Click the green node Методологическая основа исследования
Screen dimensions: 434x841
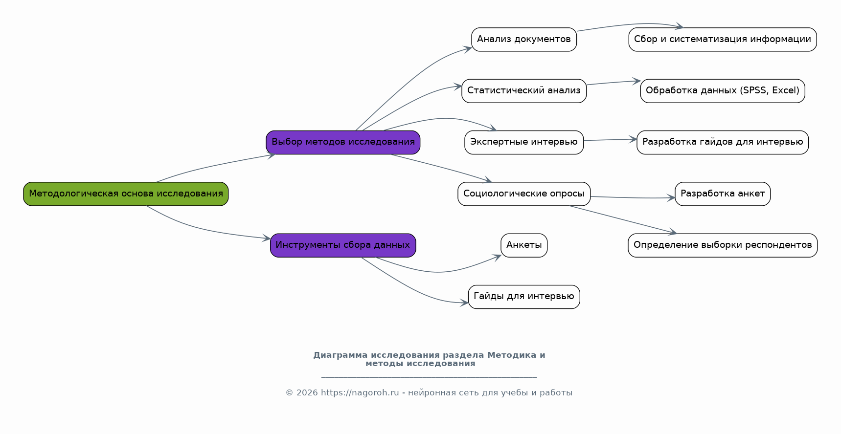(x=126, y=194)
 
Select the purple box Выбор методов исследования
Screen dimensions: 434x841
(x=343, y=142)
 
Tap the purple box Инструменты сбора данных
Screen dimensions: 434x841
(x=343, y=245)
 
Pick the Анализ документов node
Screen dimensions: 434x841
(x=524, y=40)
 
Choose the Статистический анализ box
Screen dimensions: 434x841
(x=524, y=91)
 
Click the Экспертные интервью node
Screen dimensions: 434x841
(x=524, y=142)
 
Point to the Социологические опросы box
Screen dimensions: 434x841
(x=524, y=194)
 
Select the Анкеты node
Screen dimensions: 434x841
(x=524, y=245)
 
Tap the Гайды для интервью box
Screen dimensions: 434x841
(x=524, y=297)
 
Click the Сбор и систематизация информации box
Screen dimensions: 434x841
(x=723, y=40)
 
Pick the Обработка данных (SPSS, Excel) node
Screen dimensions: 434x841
(x=723, y=91)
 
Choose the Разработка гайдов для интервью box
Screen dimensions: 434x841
(x=723, y=142)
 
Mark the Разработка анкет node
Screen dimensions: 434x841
(x=723, y=194)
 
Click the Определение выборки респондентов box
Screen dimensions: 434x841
(x=723, y=245)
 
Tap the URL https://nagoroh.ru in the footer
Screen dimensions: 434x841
(x=360, y=393)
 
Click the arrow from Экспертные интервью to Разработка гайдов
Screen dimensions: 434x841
(x=610, y=140)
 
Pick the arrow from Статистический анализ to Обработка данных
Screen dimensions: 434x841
(x=613, y=83)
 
